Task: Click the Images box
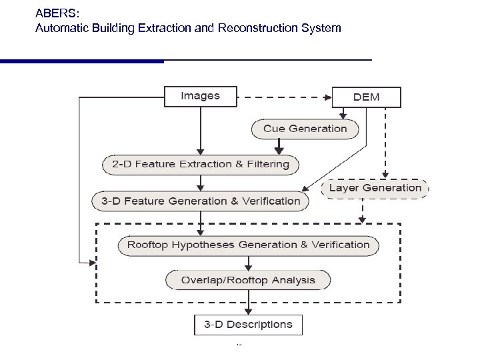click(x=200, y=96)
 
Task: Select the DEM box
click(x=366, y=97)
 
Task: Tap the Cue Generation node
click(x=305, y=129)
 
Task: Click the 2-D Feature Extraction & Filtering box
click(x=200, y=164)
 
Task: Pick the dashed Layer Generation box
click(x=375, y=188)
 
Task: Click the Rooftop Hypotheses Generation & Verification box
click(x=248, y=245)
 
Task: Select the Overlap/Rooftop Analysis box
click(x=248, y=279)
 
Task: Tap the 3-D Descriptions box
click(x=248, y=325)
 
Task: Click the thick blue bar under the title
click(x=81, y=61)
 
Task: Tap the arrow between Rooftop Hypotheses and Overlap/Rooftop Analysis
click(x=248, y=262)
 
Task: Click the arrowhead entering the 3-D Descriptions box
click(x=248, y=311)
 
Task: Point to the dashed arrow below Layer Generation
click(x=362, y=211)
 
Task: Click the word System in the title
click(x=323, y=28)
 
